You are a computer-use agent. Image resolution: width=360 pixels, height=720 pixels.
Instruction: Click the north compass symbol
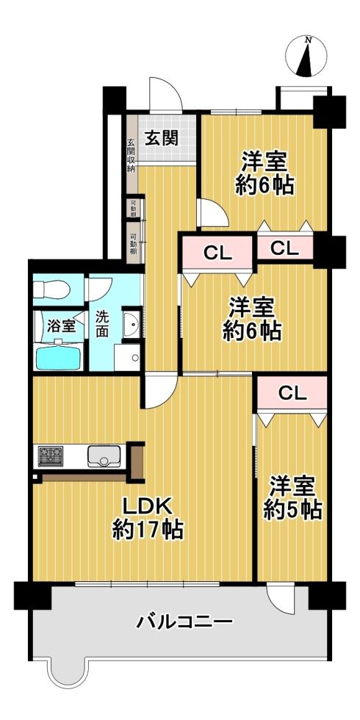(x=306, y=57)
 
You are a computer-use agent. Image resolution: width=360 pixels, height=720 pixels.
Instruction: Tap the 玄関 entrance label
(x=162, y=138)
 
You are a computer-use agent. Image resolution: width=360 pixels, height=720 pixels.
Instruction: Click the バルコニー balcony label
(x=184, y=623)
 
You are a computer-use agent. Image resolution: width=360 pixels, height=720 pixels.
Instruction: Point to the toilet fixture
(x=51, y=289)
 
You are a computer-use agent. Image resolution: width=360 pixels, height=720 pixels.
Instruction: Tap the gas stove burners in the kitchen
(x=51, y=456)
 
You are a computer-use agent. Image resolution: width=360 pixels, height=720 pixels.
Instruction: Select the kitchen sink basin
(x=104, y=456)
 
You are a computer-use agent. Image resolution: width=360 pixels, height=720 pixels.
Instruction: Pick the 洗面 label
(x=102, y=324)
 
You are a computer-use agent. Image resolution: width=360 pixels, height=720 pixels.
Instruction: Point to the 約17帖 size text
(x=148, y=530)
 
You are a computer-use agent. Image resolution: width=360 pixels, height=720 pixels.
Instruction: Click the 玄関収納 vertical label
(x=131, y=155)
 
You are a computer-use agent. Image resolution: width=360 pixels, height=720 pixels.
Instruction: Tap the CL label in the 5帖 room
(x=292, y=393)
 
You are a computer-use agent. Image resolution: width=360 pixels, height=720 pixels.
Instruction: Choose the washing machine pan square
(x=127, y=357)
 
